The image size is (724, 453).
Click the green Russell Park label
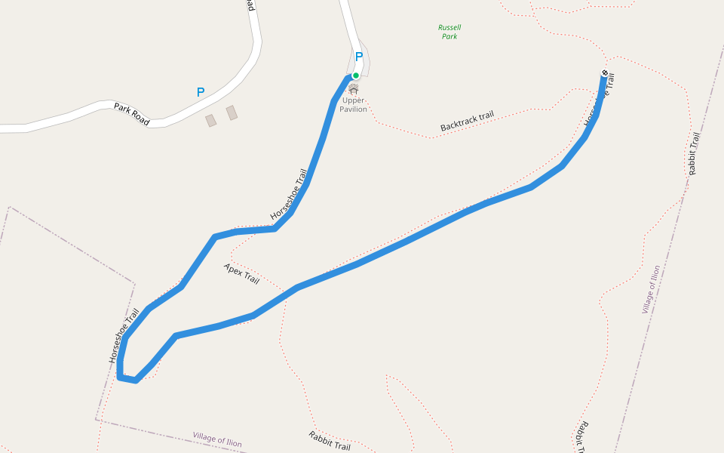pos(449,32)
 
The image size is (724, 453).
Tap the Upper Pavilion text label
pos(353,105)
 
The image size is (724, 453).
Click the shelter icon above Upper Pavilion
pos(353,89)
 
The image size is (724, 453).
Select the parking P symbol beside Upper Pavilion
pos(359,57)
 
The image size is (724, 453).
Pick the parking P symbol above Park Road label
pos(201,92)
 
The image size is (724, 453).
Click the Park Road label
pos(132,114)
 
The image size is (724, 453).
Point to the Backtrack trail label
pos(467,121)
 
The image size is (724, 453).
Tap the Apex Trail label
pos(241,274)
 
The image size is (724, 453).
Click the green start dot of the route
pos(355,75)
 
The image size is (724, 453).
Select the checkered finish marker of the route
pos(605,72)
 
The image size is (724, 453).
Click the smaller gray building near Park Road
pos(211,121)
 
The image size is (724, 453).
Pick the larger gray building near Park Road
pos(232,112)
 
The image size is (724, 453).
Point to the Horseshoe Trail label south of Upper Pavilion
pos(290,195)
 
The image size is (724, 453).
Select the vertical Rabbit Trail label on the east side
pos(695,154)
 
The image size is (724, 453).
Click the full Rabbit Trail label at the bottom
pos(330,441)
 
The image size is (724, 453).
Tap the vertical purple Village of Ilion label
pos(651,289)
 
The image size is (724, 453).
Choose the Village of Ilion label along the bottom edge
pos(217,439)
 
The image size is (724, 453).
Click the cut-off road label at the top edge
pos(250,5)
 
